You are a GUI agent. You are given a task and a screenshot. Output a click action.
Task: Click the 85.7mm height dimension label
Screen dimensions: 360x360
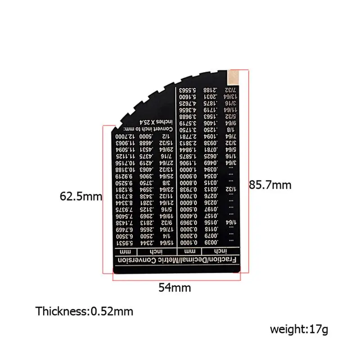(x=270, y=184)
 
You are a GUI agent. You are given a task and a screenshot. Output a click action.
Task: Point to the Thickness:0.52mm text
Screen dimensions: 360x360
(x=85, y=311)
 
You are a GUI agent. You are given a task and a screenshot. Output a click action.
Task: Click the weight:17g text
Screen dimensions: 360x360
(x=299, y=329)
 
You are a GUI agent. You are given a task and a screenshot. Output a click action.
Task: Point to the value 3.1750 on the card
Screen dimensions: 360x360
(x=189, y=129)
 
